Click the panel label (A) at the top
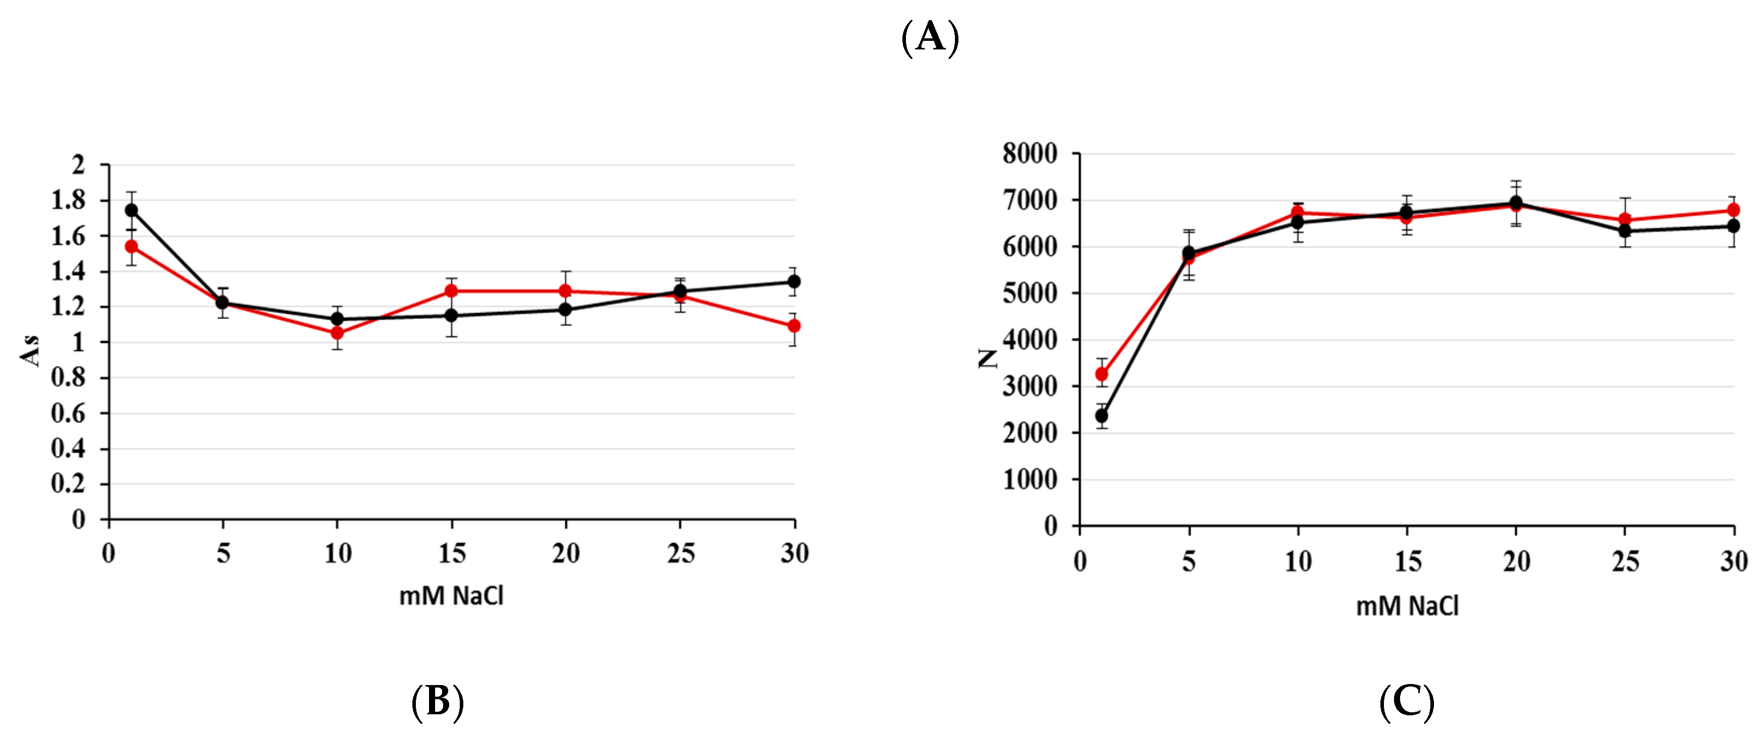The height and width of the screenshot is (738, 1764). pyautogui.click(x=930, y=38)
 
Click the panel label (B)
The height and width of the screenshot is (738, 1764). pyautogui.click(x=438, y=702)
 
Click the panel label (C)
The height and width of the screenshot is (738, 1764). pyautogui.click(x=1407, y=702)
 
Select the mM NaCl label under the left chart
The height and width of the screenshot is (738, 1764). pyautogui.click(x=451, y=596)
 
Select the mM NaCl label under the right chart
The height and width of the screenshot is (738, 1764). pyautogui.click(x=1407, y=606)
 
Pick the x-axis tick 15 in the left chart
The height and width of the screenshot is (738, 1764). pyautogui.click(x=451, y=553)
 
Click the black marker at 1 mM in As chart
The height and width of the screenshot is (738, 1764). pyautogui.click(x=131, y=210)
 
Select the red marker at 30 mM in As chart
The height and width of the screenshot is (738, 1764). pyautogui.click(x=793, y=326)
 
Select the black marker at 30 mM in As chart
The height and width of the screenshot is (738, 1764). pyautogui.click(x=793, y=281)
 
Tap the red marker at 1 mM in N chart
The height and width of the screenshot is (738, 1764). pyautogui.click(x=1102, y=374)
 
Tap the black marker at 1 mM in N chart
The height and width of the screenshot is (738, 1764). pyautogui.click(x=1102, y=416)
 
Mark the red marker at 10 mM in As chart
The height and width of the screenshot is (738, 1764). pyautogui.click(x=337, y=333)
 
